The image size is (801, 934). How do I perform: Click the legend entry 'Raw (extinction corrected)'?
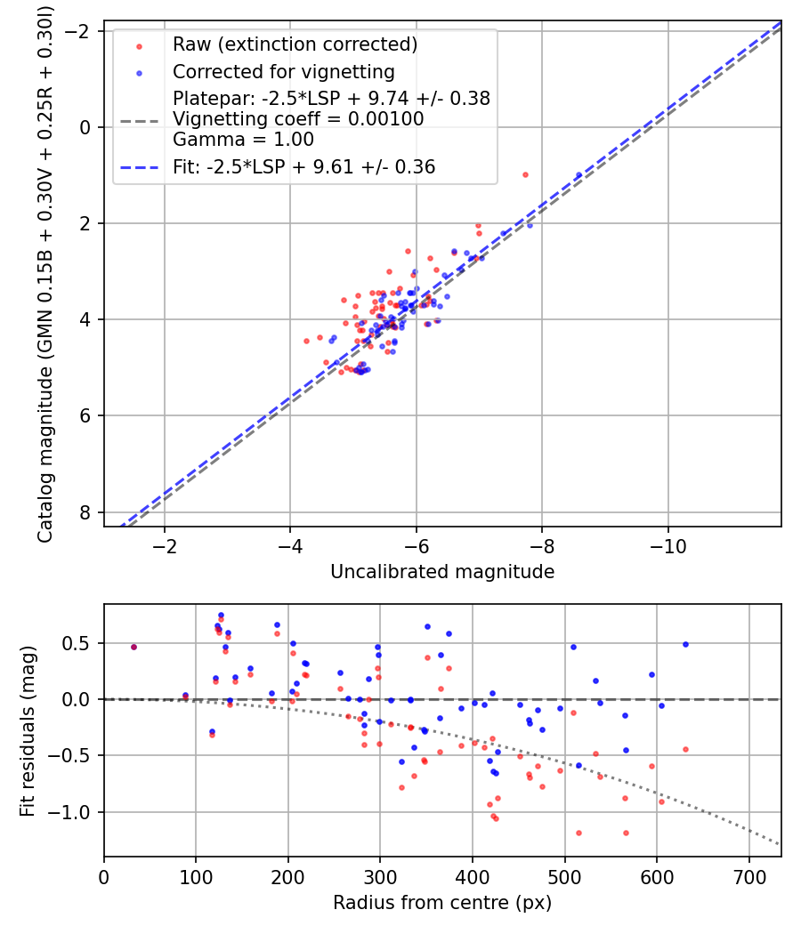tap(295, 44)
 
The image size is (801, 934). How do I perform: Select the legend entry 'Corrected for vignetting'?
tap(283, 71)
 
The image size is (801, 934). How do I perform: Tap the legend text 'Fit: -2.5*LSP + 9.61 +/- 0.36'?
tap(303, 166)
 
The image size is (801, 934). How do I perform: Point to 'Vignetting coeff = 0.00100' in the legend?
tap(298, 119)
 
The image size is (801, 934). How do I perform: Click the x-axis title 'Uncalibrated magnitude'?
tap(442, 572)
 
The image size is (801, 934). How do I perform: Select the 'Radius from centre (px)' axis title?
tap(442, 903)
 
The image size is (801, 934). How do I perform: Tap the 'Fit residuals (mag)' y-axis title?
tap(28, 730)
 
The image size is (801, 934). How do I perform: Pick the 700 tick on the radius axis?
tap(748, 877)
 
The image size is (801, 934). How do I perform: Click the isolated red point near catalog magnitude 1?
tap(525, 174)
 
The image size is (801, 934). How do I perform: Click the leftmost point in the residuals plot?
tap(133, 647)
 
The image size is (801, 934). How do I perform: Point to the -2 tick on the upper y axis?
tap(80, 31)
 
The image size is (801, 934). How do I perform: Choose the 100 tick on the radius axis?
tap(196, 877)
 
